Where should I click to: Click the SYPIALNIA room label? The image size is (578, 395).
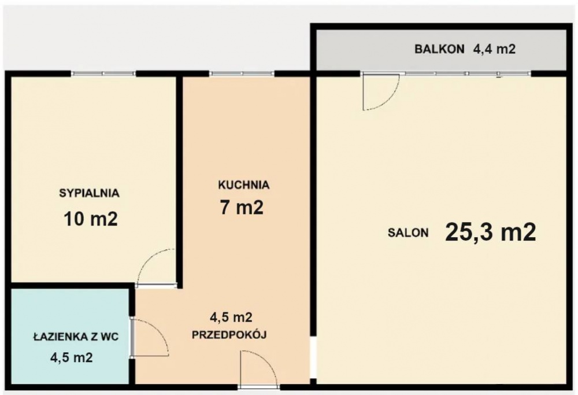click(x=89, y=193)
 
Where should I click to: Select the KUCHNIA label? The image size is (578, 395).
click(x=243, y=185)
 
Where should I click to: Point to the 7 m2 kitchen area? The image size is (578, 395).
click(x=242, y=208)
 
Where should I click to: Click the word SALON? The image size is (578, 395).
click(x=408, y=233)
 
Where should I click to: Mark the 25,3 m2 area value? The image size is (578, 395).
click(x=491, y=232)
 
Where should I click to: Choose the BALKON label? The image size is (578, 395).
click(x=439, y=50)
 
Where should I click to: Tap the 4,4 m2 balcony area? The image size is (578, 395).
click(x=494, y=50)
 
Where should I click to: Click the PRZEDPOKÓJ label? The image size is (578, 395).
click(x=229, y=334)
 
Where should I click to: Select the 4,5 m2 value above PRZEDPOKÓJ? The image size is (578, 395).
click(x=231, y=317)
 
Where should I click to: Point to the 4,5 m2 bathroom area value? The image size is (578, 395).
click(x=71, y=357)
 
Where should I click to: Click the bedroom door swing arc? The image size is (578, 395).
click(x=155, y=266)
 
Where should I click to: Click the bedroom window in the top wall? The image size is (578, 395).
click(x=103, y=73)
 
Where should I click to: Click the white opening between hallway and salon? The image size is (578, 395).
click(x=313, y=359)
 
